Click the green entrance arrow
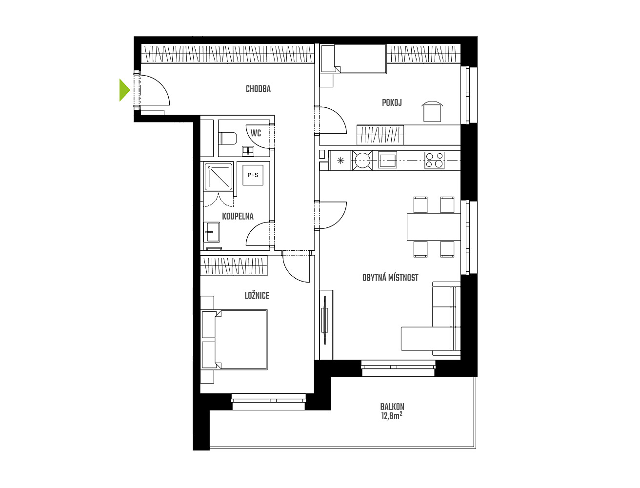(x=124, y=90)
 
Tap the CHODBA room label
(x=258, y=89)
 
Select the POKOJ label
(x=392, y=102)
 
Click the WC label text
(x=256, y=133)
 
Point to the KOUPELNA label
(x=238, y=217)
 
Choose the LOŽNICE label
(x=257, y=296)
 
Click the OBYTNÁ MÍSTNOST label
(x=390, y=278)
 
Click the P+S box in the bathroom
(x=253, y=175)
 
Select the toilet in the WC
(x=228, y=138)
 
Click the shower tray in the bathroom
(x=219, y=177)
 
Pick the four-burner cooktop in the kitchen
(x=434, y=160)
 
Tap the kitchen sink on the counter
(x=387, y=160)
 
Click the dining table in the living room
(x=434, y=226)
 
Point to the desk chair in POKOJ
(x=432, y=111)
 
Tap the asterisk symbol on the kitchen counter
(x=340, y=160)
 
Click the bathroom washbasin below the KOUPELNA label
(x=212, y=232)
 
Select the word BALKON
(x=392, y=407)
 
